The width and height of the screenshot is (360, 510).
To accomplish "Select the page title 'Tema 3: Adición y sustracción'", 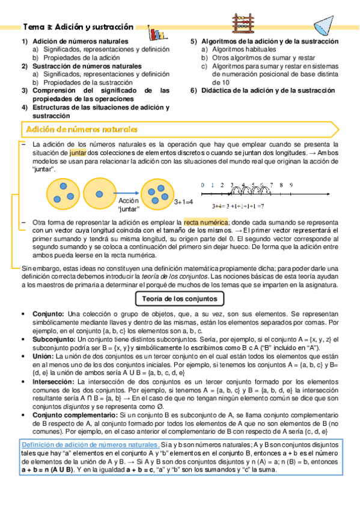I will click(x=78, y=27).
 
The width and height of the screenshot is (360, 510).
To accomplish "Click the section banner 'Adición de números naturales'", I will click(x=82, y=129).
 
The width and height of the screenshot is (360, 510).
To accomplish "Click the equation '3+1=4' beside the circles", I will click(x=183, y=202).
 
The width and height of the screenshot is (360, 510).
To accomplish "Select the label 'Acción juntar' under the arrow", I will click(x=129, y=204).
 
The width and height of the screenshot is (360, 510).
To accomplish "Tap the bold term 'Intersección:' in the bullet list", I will click(x=53, y=381).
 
